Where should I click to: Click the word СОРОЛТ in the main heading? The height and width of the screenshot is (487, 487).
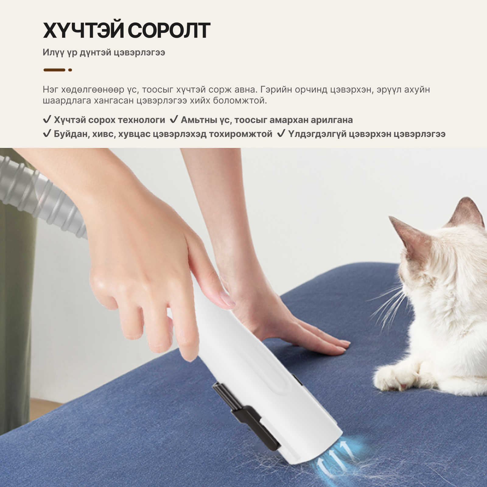tap(169, 30)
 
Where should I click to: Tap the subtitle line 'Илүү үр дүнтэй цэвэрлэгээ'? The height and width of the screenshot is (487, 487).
tap(104, 52)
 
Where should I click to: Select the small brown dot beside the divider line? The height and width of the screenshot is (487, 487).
tap(70, 70)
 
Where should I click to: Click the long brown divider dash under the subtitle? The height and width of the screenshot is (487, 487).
tap(54, 70)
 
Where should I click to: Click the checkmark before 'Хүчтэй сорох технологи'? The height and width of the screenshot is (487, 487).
tap(47, 120)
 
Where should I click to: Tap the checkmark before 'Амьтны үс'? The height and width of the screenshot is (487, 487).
tap(174, 120)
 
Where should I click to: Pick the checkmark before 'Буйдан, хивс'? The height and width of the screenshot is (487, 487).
tap(47, 134)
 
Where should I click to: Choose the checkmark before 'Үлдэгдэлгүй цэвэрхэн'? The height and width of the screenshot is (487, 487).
tap(281, 134)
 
